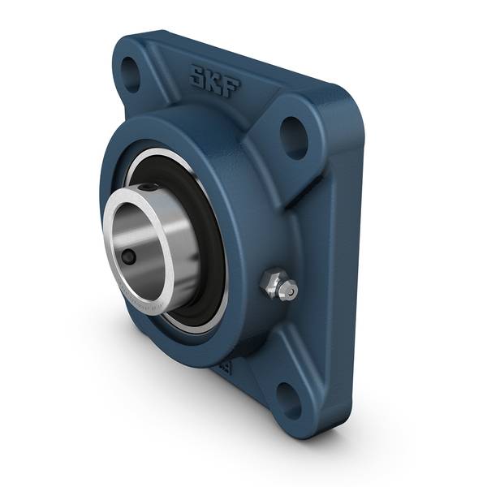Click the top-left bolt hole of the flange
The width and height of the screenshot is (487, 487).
131,71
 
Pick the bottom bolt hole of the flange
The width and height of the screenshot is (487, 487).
289,398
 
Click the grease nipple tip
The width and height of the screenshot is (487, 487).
289,290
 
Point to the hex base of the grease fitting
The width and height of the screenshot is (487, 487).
270,283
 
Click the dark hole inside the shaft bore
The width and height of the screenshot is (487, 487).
127,257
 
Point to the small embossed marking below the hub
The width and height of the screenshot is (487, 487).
224,367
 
